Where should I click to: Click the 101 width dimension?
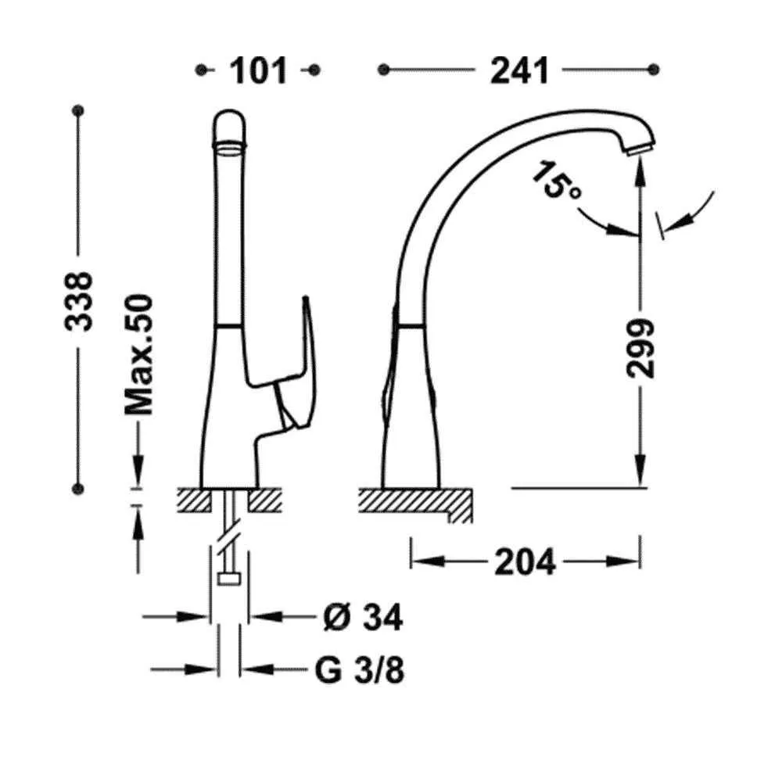pyautogui.click(x=258, y=70)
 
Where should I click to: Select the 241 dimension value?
pyautogui.click(x=519, y=70)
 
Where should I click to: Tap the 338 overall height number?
pyautogui.click(x=79, y=301)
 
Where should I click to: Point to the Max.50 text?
pyautogui.click(x=138, y=354)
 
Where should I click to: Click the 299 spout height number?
pyautogui.click(x=640, y=348)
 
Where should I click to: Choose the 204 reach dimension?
pyautogui.click(x=525, y=562)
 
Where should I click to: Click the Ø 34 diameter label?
pyautogui.click(x=363, y=618)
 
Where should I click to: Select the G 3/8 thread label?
pyautogui.click(x=360, y=670)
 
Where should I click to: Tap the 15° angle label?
pyautogui.click(x=555, y=180)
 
